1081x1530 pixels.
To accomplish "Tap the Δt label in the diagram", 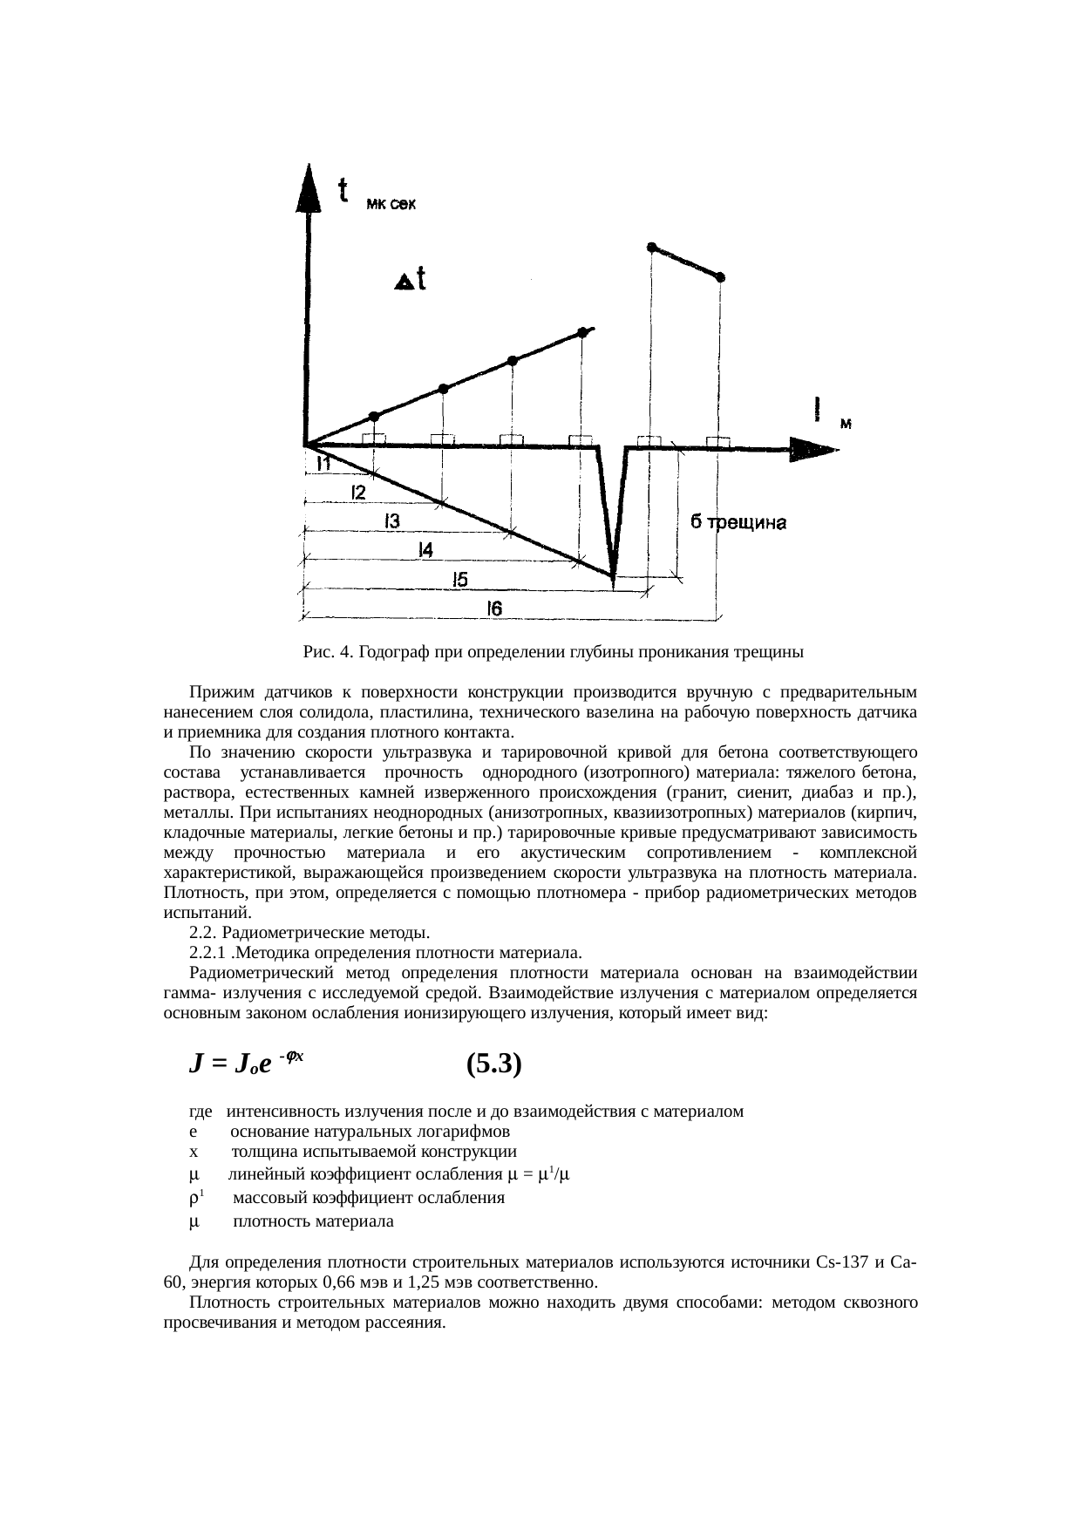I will (411, 280).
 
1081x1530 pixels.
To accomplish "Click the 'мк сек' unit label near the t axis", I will (391, 206).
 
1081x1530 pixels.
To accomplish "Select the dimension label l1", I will (323, 465).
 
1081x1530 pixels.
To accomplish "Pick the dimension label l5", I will (459, 580).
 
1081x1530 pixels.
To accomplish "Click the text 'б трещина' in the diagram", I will (738, 523).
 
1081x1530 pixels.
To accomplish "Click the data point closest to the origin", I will (374, 416).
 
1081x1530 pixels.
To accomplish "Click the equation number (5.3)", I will (493, 1064).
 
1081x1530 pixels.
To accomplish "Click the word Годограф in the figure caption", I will (395, 652).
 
